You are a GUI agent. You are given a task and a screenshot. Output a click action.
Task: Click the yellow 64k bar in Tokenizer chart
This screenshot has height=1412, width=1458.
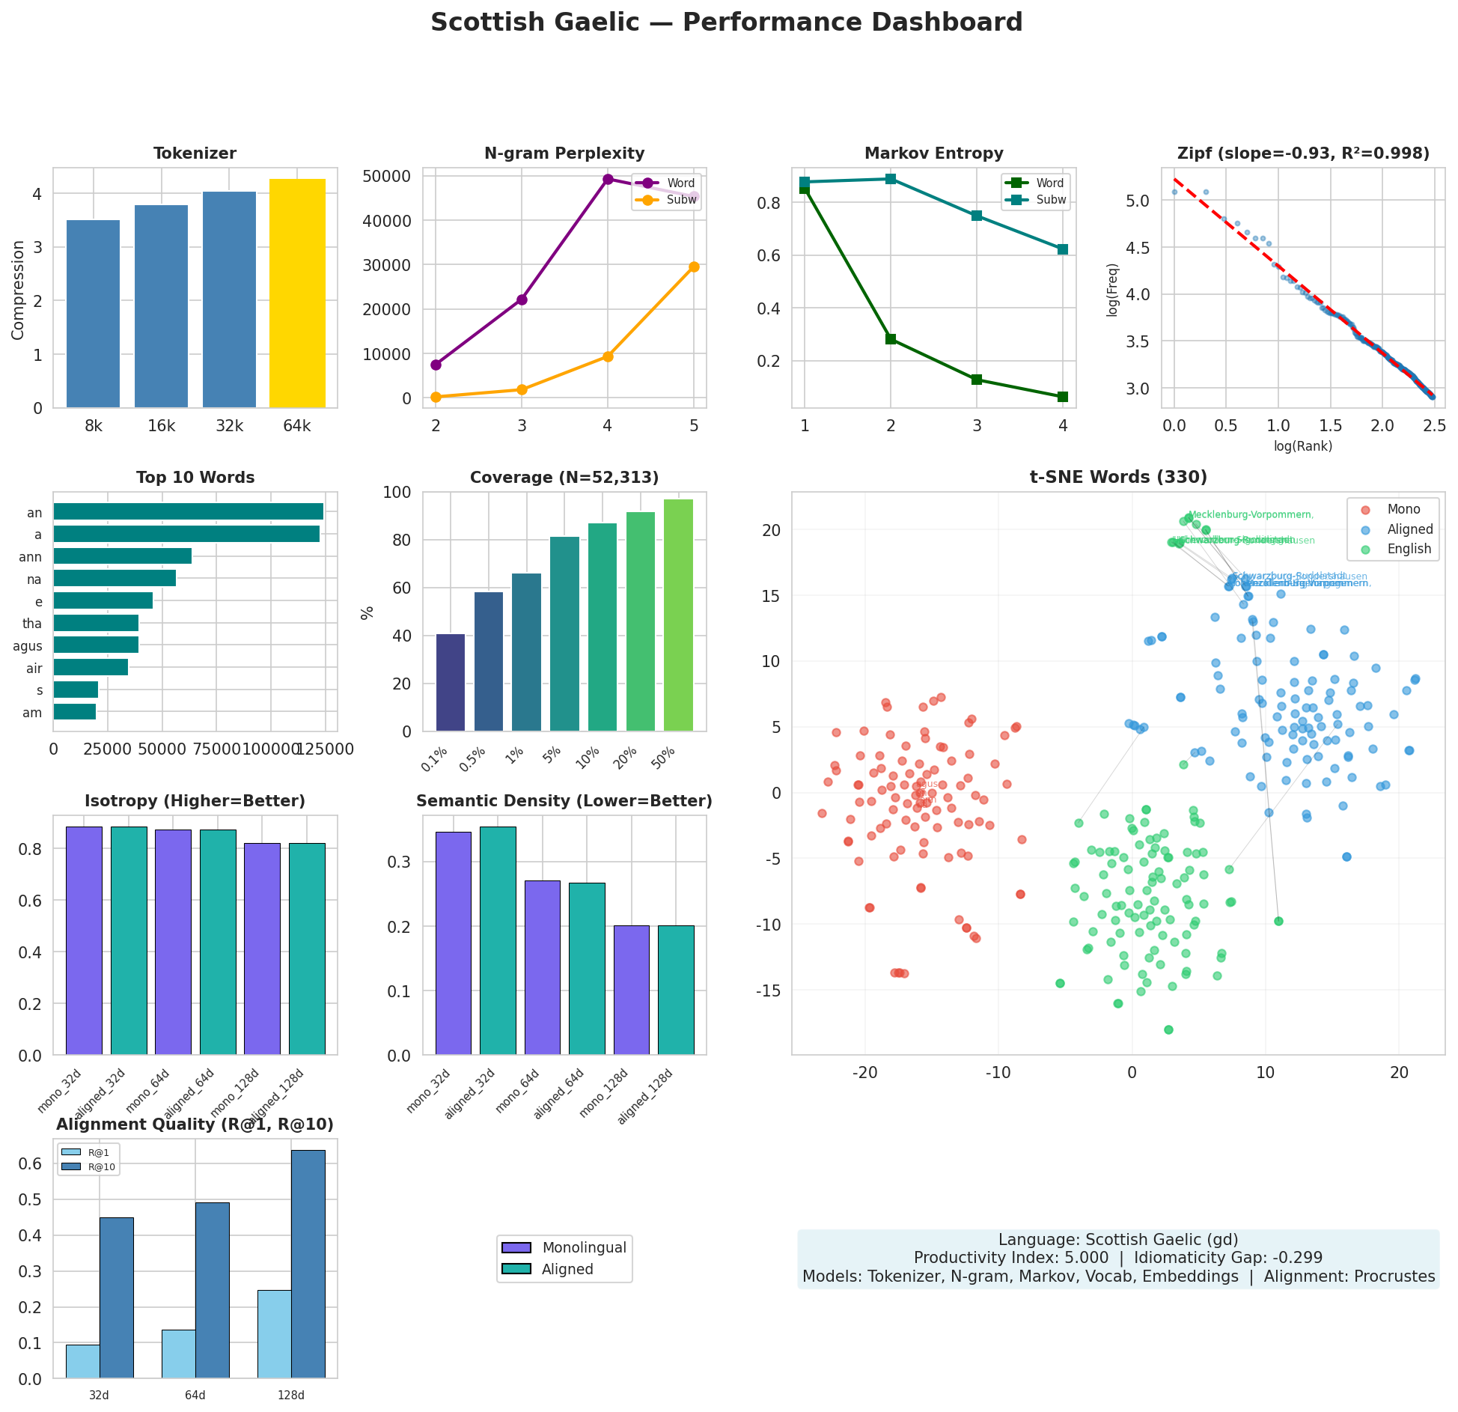click(x=297, y=293)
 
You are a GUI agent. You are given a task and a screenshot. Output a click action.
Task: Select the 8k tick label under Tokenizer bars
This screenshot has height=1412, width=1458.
click(x=94, y=427)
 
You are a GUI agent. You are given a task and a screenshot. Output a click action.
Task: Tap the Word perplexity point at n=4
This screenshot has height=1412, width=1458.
click(x=608, y=179)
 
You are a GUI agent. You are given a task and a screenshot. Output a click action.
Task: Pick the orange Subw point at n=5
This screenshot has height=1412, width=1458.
click(x=694, y=267)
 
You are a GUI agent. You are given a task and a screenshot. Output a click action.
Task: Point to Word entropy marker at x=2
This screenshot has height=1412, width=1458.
click(x=891, y=339)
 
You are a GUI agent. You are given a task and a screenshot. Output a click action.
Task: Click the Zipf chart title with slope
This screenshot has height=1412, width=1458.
click(x=1303, y=153)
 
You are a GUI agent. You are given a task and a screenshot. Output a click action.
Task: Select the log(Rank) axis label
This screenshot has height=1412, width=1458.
click(x=1303, y=446)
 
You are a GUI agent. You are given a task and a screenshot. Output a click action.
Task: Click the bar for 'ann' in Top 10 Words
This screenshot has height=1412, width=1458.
click(x=122, y=556)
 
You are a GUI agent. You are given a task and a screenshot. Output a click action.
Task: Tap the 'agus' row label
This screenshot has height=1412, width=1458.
click(x=28, y=646)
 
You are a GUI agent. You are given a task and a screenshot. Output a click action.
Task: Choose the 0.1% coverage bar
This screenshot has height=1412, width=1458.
click(x=451, y=683)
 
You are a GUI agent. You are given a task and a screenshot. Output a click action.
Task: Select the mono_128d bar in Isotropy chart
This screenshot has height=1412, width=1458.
click(x=262, y=949)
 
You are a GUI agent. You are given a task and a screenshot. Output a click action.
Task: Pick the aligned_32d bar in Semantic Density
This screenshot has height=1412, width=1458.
click(x=498, y=940)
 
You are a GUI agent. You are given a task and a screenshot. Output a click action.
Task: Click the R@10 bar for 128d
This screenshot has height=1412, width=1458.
click(x=308, y=1264)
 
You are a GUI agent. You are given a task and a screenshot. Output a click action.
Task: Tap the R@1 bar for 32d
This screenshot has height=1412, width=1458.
click(x=82, y=1361)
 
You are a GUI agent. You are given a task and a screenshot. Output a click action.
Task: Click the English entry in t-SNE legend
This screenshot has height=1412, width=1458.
click(x=1409, y=549)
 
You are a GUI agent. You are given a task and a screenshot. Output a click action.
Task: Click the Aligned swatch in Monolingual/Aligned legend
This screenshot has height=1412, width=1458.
click(x=516, y=1269)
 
